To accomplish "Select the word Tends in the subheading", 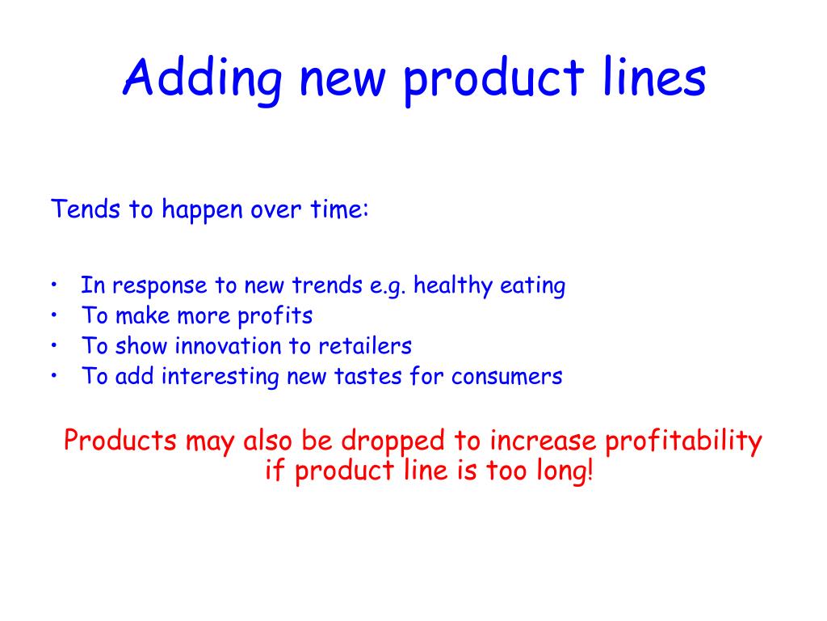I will pos(79,209).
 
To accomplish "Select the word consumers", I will pos(506,377).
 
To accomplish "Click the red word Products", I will pos(120,441).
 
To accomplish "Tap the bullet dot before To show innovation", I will pos(53,346).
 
